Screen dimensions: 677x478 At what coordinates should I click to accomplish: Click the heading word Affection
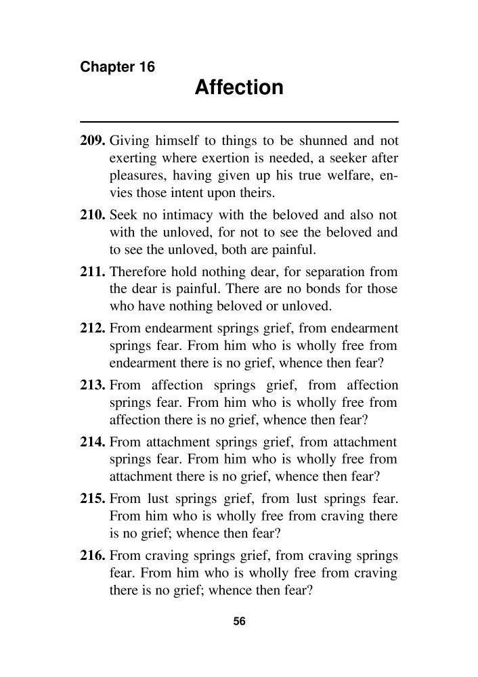coord(239,88)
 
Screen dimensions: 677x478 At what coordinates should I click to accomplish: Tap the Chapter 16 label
coord(117,67)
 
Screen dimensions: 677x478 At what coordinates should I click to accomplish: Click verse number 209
coord(93,141)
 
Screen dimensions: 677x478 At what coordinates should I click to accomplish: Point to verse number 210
coord(93,215)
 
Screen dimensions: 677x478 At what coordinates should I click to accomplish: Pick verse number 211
coord(93,272)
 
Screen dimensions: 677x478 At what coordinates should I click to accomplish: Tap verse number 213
coord(93,386)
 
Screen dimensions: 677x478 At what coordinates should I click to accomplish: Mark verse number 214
coord(93,443)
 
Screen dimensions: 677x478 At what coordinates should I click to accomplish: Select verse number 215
coord(93,500)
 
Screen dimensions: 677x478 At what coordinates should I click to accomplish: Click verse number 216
coord(93,556)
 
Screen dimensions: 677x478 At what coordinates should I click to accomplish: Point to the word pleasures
coord(137,176)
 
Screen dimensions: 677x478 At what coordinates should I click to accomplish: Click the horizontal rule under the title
coord(239,121)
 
